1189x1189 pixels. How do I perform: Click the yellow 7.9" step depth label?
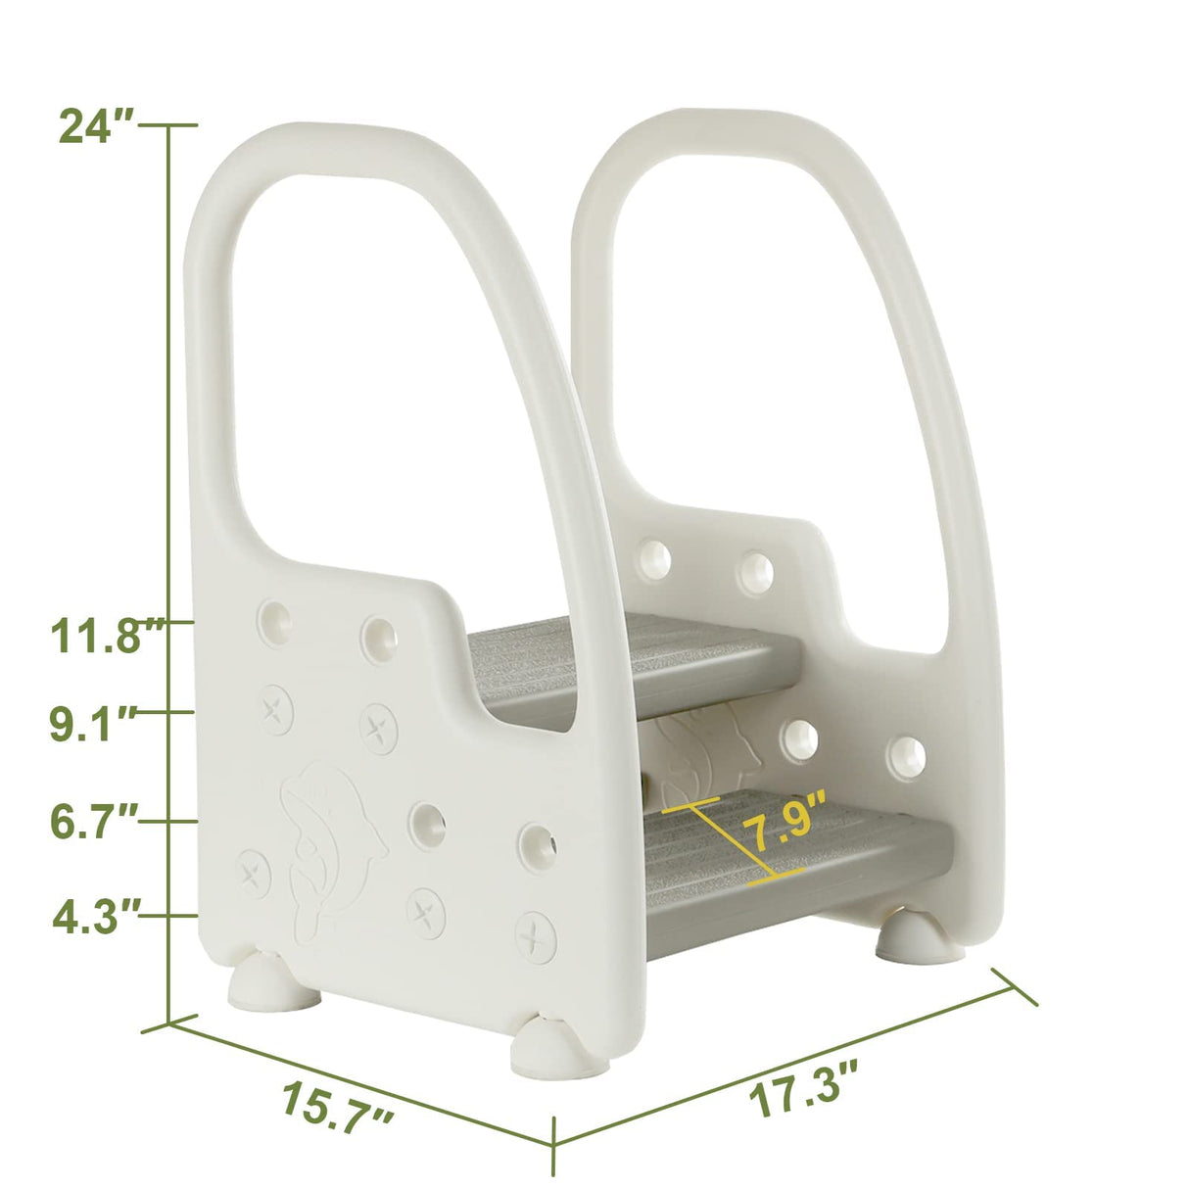point(784,820)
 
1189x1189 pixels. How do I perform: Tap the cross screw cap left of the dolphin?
point(255,873)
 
